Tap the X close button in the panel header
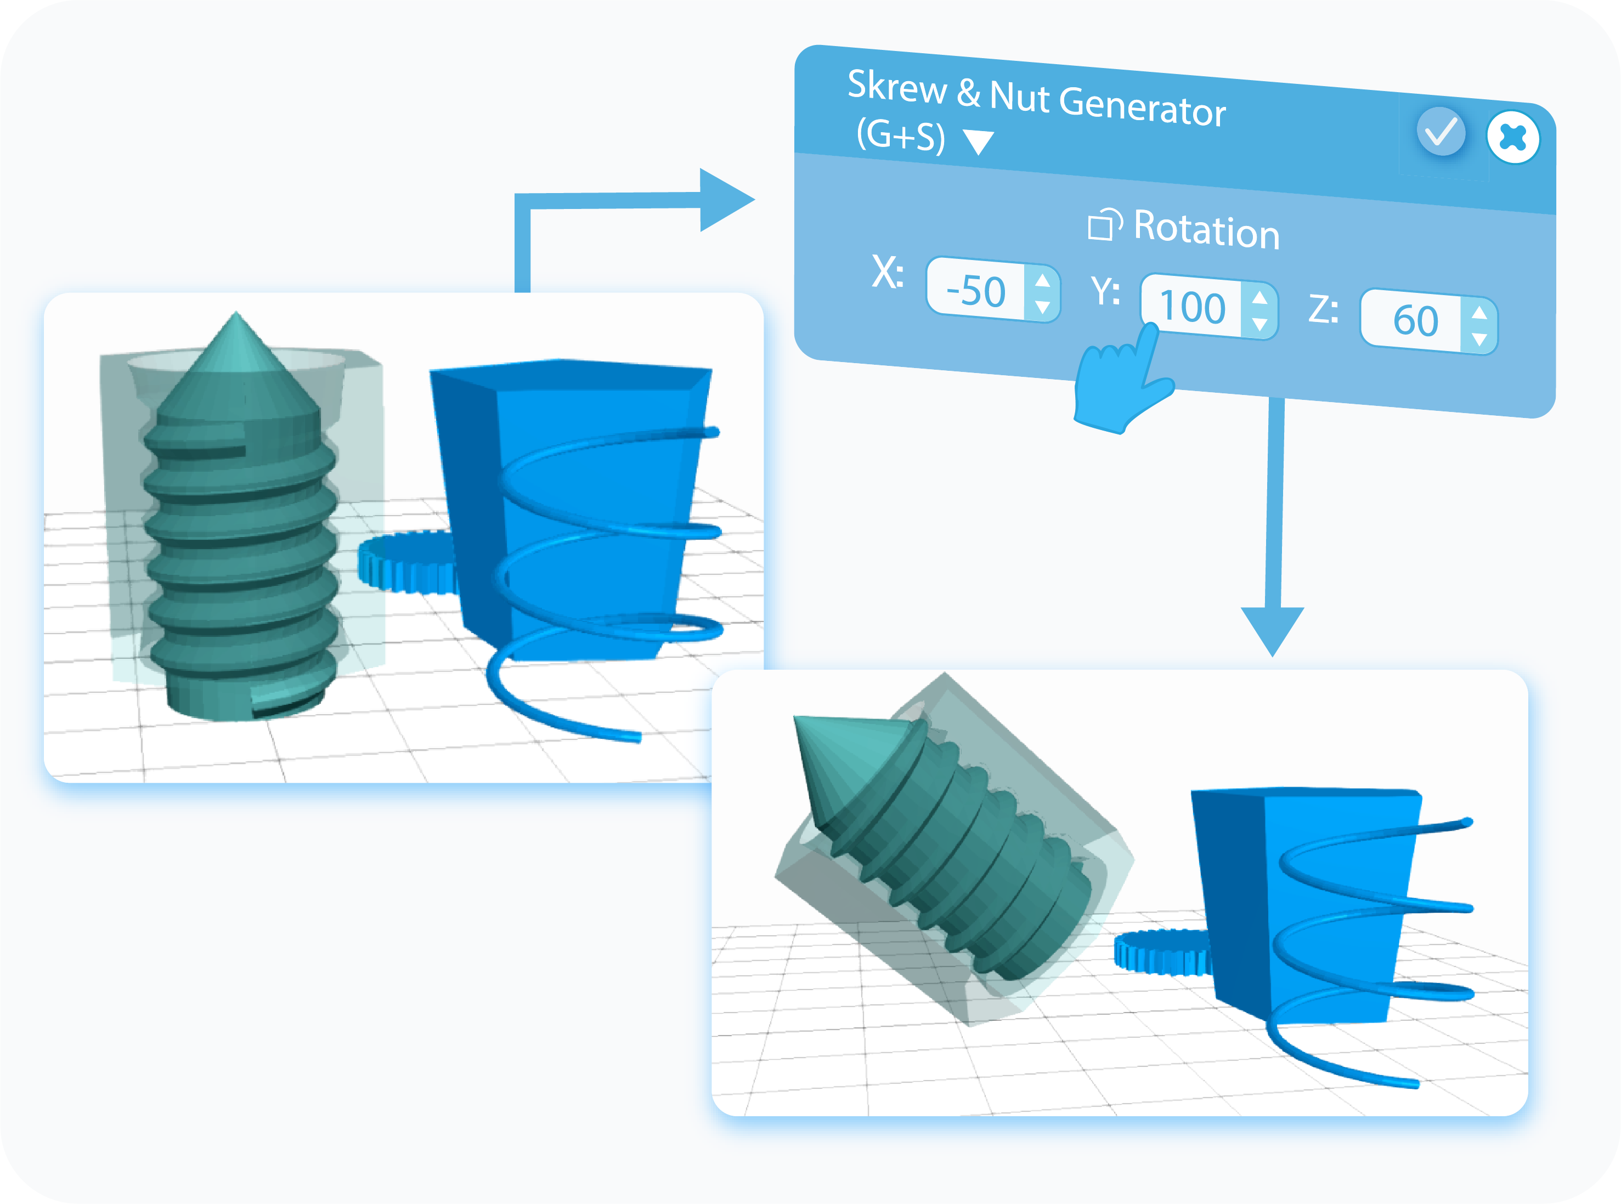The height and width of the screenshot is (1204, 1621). tap(1512, 137)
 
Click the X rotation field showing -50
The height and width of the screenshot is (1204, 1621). tap(975, 291)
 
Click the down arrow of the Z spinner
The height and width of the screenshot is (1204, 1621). tap(1479, 339)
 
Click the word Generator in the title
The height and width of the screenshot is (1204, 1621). tap(1142, 107)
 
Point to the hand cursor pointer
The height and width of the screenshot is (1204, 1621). tap(1122, 379)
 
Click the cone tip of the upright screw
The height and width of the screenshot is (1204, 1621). tap(236, 314)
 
